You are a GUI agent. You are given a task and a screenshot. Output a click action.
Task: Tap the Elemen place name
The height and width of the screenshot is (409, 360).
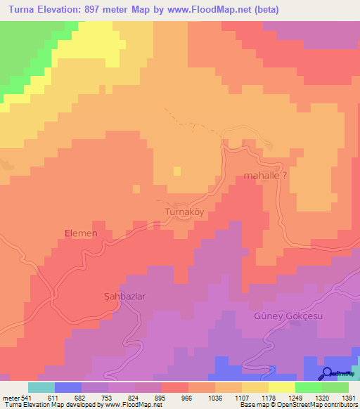point(79,233)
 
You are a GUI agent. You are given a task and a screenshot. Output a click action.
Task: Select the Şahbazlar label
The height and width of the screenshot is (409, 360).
point(120,297)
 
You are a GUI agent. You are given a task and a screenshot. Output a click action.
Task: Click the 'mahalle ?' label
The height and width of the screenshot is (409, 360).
point(265,176)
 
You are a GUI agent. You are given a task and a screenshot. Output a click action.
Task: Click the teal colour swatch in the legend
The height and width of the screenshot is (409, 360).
point(41,387)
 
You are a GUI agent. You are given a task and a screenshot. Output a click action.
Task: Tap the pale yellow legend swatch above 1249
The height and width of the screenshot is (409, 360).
point(281,387)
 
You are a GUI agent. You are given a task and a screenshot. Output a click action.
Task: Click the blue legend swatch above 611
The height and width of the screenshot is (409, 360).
point(68,387)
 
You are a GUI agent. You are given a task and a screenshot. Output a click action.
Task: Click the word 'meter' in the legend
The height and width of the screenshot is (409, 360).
point(11,397)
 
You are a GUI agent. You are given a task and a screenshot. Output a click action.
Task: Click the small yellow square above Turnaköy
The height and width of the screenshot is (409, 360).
point(176,170)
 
